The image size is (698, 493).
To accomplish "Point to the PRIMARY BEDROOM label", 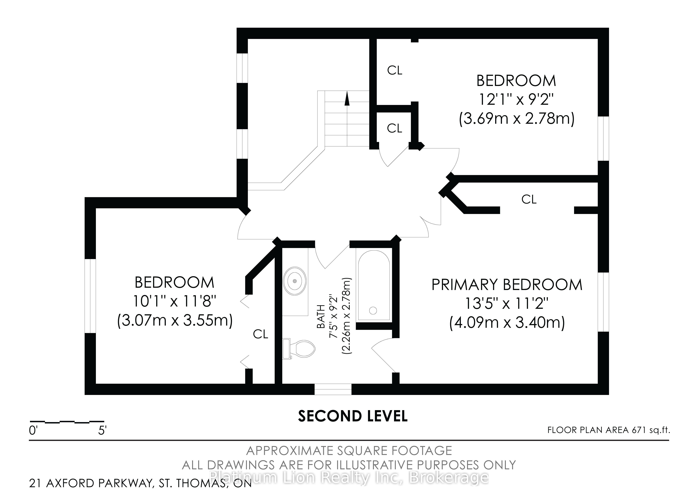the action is coord(507,285).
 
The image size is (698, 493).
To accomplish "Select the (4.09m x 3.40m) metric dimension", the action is coord(507,322).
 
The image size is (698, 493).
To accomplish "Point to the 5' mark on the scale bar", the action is coord(102,430).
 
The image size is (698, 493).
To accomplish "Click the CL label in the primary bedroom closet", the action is coord(529,199).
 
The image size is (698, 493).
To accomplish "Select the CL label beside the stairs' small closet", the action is coord(395,128).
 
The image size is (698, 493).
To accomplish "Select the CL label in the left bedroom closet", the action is coord(261,334).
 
